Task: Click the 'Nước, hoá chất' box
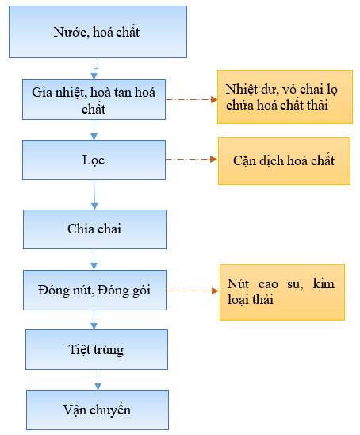click(98, 32)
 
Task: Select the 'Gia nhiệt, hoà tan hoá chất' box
click(94, 99)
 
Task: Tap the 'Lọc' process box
click(94, 160)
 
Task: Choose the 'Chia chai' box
click(95, 229)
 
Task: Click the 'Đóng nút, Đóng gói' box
click(95, 290)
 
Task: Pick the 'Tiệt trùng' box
click(97, 349)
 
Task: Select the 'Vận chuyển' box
click(98, 410)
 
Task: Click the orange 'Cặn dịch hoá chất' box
click(284, 161)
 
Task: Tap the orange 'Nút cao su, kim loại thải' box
click(282, 292)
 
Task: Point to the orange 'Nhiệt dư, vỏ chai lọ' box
click(285, 97)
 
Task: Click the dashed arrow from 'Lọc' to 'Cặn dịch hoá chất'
click(192, 160)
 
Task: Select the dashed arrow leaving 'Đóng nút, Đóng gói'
click(193, 291)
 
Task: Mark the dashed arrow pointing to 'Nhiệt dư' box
click(192, 99)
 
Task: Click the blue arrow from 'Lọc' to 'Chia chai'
click(94, 194)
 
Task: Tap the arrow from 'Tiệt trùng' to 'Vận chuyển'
click(98, 379)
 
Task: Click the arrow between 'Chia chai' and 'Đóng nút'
click(94, 260)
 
